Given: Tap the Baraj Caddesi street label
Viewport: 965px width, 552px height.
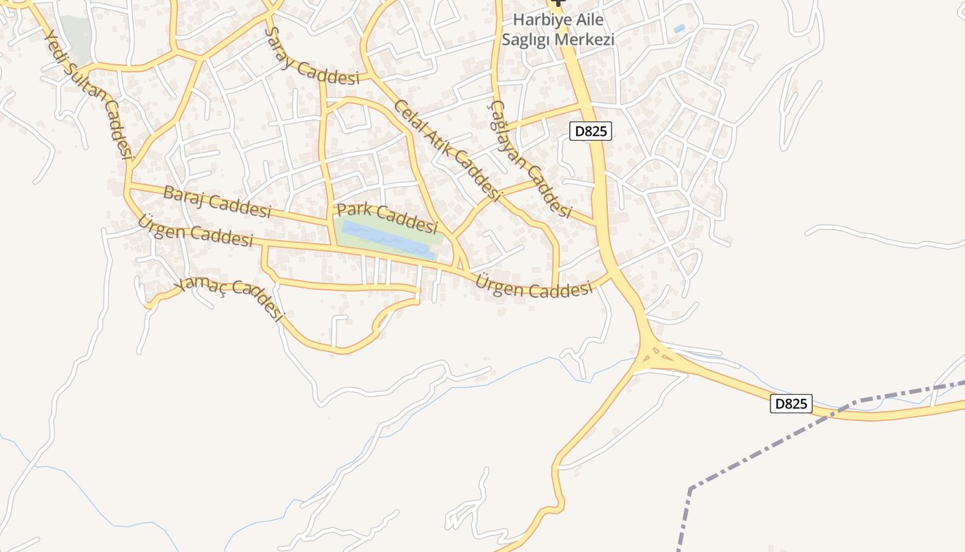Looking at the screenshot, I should click(x=217, y=201).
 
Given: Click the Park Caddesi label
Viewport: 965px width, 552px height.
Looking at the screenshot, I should click(x=387, y=217).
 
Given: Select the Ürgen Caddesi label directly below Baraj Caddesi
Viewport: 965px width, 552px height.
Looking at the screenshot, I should click(x=195, y=230).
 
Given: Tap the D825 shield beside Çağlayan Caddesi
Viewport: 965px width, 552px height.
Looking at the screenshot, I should click(x=591, y=131).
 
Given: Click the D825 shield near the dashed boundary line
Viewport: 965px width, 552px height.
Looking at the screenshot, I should click(x=791, y=404).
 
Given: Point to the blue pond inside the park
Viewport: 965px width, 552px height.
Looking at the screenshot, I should click(x=388, y=239).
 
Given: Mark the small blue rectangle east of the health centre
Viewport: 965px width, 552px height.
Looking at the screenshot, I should click(x=680, y=28).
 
